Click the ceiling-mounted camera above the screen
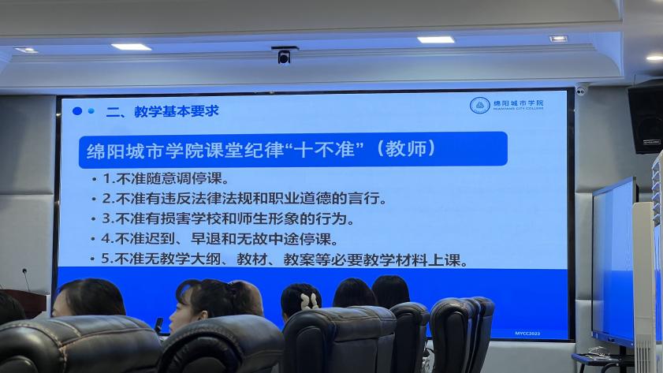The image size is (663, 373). pos(284,55)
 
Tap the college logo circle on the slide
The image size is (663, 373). pos(479,105)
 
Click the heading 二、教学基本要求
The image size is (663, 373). pos(162,111)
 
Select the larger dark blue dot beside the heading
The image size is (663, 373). pos(77,111)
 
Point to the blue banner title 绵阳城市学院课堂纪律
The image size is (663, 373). pos(184,151)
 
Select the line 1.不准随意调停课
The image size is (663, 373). pos(166,178)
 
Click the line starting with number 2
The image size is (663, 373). pos(244,199)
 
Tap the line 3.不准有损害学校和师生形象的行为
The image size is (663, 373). pos(228,218)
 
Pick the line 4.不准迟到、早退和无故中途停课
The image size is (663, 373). pos(219,239)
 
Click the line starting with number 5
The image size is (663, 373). pos(284,259)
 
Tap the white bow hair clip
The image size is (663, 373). pos(310,300)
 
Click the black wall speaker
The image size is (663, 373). pos(646,118)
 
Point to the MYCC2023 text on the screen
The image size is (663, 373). pos(527,334)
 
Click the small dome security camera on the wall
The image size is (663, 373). pos(581,90)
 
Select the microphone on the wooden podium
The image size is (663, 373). pos(26,279)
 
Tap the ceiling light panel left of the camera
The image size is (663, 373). pos(131,47)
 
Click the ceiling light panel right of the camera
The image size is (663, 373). pos(436,39)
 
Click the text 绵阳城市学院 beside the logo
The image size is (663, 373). pos(519,103)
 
